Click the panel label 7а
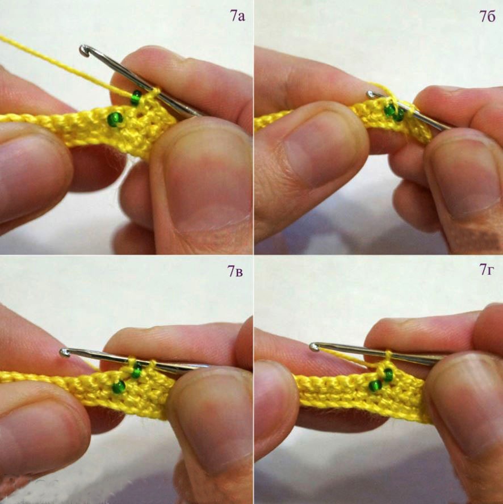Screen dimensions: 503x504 237,15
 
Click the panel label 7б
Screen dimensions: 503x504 488,16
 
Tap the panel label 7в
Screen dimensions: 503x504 235,271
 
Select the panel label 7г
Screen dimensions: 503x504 486,270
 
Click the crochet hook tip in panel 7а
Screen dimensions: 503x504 83,51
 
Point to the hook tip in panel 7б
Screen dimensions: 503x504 371,94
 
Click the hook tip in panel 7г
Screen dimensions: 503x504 314,347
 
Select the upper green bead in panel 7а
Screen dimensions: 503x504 136,98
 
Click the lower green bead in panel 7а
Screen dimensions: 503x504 115,119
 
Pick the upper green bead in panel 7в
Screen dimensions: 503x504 137,371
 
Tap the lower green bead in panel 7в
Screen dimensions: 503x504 119,387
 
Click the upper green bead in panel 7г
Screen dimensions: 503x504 388,375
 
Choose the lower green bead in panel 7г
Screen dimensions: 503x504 375,385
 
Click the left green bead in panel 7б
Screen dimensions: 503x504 390,110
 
